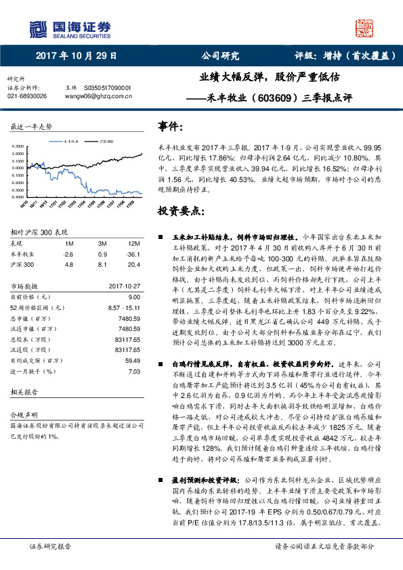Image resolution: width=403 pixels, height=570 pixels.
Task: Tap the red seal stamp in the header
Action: point(366,28)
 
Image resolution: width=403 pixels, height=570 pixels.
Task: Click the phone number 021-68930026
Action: point(27,96)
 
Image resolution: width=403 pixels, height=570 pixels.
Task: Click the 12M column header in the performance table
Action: point(133,243)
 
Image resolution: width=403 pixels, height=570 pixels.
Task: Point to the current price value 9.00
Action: point(133,297)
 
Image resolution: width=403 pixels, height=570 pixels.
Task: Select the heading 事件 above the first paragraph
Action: point(171,126)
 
